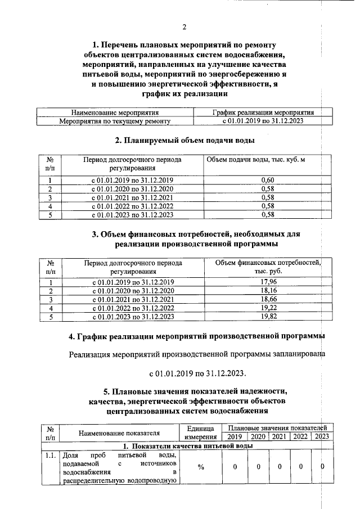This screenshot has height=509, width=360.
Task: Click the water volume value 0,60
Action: (x=268, y=179)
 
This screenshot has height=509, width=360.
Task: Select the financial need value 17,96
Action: (x=268, y=281)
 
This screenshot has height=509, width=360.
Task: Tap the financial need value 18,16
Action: (x=268, y=290)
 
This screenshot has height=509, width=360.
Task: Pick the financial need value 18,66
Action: (x=268, y=299)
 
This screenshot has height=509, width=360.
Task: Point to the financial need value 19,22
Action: (x=268, y=308)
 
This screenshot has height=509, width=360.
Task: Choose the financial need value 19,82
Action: (x=268, y=317)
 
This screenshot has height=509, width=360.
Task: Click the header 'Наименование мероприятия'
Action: (x=115, y=112)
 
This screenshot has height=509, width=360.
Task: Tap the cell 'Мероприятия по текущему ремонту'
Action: (x=115, y=121)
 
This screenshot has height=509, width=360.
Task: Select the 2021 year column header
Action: (x=279, y=436)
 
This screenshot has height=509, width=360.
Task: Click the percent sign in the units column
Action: (x=200, y=467)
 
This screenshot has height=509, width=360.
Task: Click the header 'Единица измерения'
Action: (x=200, y=433)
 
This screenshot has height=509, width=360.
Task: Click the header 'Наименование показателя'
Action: (x=119, y=433)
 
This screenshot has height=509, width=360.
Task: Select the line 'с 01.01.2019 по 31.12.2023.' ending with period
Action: (x=197, y=373)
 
